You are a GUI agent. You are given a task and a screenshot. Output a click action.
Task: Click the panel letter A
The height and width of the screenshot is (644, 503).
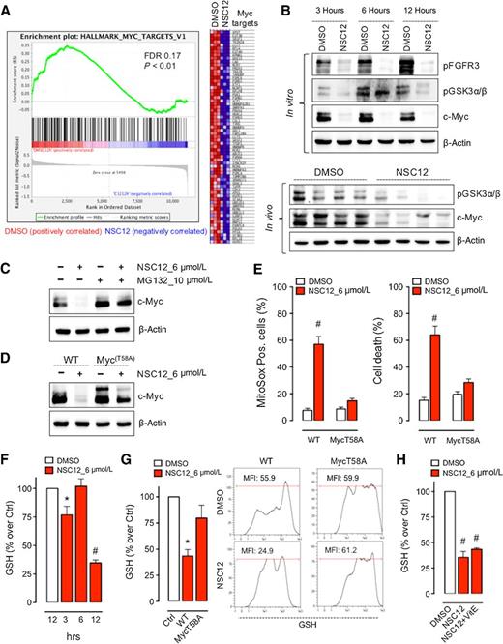8,8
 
